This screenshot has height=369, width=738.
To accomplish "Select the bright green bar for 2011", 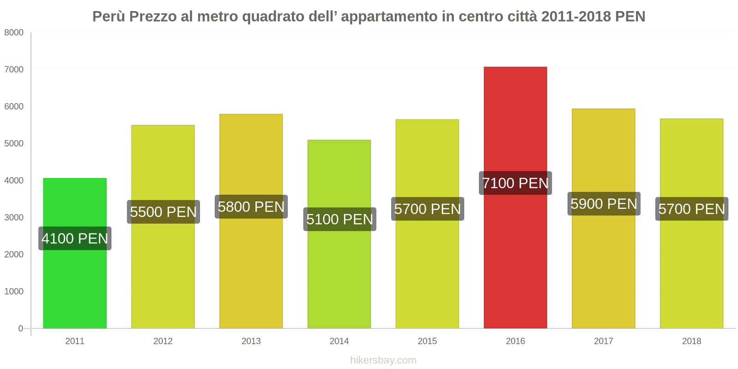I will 75,286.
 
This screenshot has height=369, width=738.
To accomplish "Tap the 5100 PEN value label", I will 339,219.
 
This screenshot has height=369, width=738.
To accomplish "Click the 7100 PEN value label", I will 515,183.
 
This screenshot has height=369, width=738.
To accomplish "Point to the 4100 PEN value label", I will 75,238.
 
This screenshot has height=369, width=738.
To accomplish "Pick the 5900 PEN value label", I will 603,203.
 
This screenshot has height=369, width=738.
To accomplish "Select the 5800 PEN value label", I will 251,207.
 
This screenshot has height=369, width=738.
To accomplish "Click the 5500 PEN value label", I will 163,212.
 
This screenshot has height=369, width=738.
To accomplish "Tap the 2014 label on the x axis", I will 339,341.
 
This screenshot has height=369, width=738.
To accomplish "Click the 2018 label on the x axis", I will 691,341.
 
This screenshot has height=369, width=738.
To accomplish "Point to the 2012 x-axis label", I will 163,341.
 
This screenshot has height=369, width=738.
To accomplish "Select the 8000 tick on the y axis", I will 14,33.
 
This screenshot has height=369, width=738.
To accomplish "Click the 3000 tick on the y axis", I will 14,218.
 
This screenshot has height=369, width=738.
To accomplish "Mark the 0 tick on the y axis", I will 20,328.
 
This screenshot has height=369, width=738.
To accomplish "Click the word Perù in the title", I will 109,17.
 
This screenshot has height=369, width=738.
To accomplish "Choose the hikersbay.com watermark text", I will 383,360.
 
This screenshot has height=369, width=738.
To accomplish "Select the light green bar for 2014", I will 339,277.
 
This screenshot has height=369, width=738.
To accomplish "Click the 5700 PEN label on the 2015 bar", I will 427,209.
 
